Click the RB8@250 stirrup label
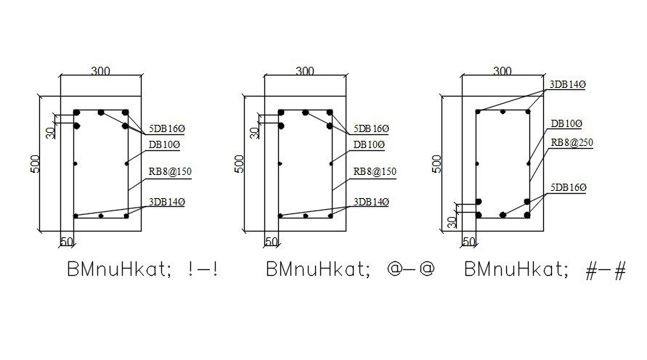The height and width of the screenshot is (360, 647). (572, 143)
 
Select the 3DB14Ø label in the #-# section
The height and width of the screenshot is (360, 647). (567, 85)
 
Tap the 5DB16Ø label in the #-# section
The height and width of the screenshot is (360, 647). (569, 188)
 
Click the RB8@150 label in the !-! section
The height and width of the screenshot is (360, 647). (171, 172)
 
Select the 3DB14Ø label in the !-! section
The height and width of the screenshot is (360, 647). (166, 202)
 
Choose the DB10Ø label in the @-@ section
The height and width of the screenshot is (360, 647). (369, 144)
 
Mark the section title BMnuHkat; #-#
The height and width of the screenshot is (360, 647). (544, 270)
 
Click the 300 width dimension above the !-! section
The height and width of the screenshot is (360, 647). (101, 71)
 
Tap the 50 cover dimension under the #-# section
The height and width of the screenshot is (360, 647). (468, 241)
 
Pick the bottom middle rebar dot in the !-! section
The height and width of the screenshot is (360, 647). (102, 216)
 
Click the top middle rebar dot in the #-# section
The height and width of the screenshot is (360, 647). (502, 111)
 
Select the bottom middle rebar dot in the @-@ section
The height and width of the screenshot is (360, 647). (306, 216)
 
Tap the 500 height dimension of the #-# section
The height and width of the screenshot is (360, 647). (436, 163)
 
